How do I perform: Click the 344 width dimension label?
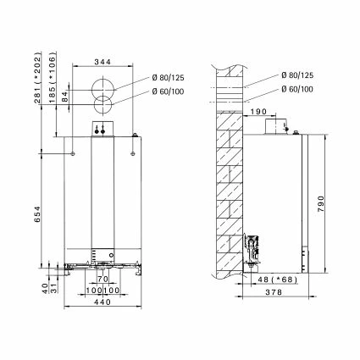(102, 62)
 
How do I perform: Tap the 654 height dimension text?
(37, 214)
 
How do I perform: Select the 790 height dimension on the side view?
(321, 203)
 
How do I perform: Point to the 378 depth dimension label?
(274, 292)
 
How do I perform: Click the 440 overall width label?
(102, 302)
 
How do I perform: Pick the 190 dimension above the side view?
(258, 112)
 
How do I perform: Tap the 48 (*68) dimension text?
(278, 280)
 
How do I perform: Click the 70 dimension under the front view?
(102, 279)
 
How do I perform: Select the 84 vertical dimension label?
(65, 97)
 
